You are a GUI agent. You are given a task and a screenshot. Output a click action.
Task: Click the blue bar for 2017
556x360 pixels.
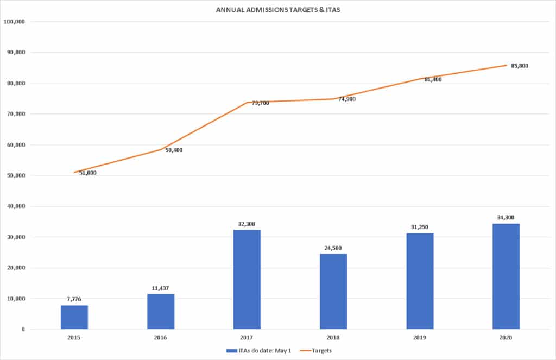pos(247,279)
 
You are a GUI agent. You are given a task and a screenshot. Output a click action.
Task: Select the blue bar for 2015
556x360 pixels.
pos(74,317)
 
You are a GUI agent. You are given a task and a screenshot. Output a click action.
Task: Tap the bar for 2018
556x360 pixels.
pos(333,291)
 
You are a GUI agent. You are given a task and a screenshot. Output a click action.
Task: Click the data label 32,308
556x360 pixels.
pos(247,223)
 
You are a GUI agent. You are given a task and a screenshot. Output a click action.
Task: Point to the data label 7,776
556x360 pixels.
pos(74,299)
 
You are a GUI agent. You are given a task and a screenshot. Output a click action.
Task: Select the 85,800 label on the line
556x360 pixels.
pos(520,66)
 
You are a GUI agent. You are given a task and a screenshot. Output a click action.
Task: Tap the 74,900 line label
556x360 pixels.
pos(346,99)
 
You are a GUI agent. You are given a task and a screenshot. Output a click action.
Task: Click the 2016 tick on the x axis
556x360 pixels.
pos(161,337)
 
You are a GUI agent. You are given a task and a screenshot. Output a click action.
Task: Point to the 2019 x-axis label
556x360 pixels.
pos(420,337)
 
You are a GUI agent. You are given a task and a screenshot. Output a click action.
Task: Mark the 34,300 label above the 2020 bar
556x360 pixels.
pos(506,217)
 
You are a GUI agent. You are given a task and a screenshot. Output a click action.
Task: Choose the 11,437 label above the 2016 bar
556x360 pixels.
pos(161,288)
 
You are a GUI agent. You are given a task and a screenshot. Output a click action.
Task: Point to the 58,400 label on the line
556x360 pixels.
pos(174,150)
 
